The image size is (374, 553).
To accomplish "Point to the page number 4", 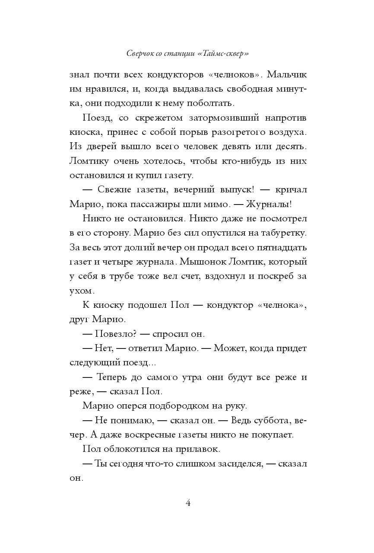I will click(x=188, y=503).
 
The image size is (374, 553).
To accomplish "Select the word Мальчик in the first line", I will click(x=287, y=74).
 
